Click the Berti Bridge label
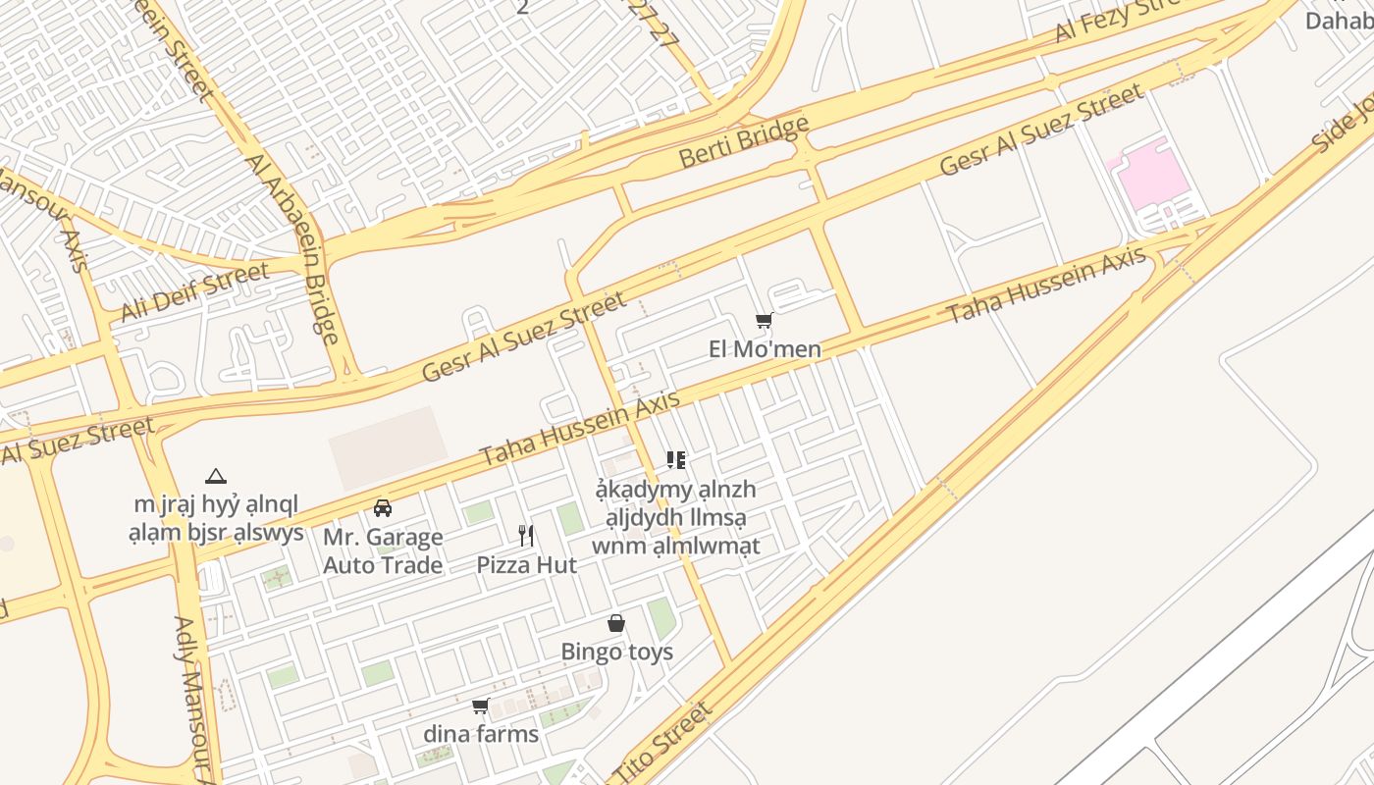pyautogui.click(x=744, y=140)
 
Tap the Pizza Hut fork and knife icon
pyautogui.click(x=526, y=535)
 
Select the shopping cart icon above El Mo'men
pyautogui.click(x=765, y=320)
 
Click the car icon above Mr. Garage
pyautogui.click(x=383, y=507)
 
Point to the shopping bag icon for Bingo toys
pyautogui.click(x=616, y=623)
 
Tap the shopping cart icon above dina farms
pyautogui.click(x=481, y=706)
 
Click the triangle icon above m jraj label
pyautogui.click(x=216, y=477)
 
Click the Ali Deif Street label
pyautogui.click(x=194, y=291)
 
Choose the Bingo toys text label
pyautogui.click(x=616, y=652)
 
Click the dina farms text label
pyautogui.click(x=481, y=734)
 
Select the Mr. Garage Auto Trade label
pyautogui.click(x=383, y=551)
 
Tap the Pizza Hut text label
pyautogui.click(x=526, y=565)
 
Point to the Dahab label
pyautogui.click(x=1339, y=20)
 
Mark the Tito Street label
pyautogui.click(x=660, y=746)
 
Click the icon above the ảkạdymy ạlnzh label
pyautogui.click(x=675, y=459)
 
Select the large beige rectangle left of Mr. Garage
pyautogui.click(x=387, y=448)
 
